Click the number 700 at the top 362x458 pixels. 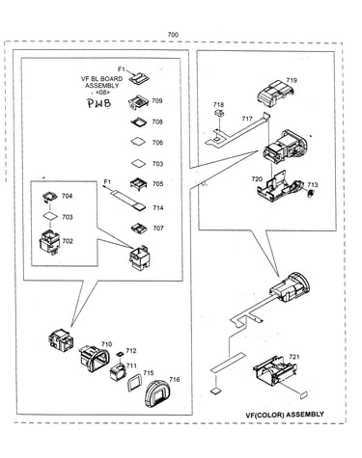[x=173, y=35]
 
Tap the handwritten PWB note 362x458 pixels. [x=99, y=103]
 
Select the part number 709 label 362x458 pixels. [x=157, y=100]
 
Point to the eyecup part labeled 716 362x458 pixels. [x=158, y=393]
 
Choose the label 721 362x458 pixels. [x=294, y=357]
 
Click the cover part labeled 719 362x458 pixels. [x=275, y=94]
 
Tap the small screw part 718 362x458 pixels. [x=219, y=113]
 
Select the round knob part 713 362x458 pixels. [x=311, y=194]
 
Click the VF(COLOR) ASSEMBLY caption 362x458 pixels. [x=285, y=415]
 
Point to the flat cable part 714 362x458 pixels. [x=127, y=201]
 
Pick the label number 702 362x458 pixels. [x=68, y=241]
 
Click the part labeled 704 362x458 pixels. [x=49, y=197]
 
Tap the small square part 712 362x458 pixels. [x=121, y=354]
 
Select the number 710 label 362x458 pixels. [x=106, y=344]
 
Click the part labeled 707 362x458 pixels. [x=139, y=229]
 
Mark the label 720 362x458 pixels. [x=257, y=179]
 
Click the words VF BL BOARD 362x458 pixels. [x=101, y=79]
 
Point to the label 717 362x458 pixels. [x=247, y=119]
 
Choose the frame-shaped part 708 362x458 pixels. [x=139, y=122]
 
